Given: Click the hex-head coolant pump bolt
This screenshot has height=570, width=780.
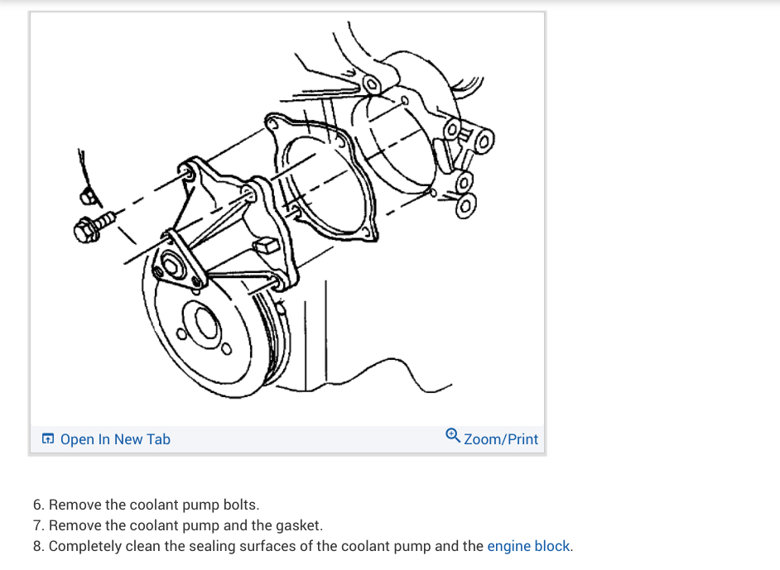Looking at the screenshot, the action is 92,226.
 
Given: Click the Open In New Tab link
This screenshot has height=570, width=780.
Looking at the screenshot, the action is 115,439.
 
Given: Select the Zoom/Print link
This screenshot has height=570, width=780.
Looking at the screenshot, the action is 501,439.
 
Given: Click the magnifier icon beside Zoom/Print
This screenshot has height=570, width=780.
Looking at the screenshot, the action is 453,437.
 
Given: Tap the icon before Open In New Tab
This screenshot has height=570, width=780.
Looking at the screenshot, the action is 49,439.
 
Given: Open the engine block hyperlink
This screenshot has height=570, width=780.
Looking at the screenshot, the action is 528,546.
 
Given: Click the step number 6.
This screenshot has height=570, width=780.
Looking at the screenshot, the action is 38,504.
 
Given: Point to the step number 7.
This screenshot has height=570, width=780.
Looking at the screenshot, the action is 38,525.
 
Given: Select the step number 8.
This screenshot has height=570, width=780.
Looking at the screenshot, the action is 38,546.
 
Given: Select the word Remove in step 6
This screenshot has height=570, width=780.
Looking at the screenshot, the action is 75,504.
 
